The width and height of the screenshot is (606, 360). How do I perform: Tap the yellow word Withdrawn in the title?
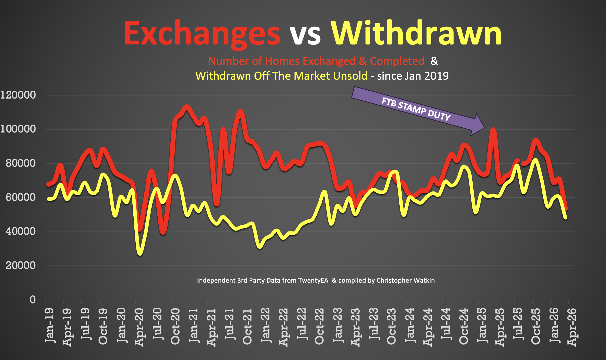[416, 33]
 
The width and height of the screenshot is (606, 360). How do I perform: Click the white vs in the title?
[305, 36]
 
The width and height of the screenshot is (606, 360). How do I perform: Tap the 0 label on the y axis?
[32, 300]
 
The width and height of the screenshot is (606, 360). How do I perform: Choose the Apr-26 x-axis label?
[572, 327]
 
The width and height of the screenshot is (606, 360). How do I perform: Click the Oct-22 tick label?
[319, 327]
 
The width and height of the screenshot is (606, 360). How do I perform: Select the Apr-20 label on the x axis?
[139, 327]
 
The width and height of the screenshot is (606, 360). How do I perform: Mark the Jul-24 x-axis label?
[446, 324]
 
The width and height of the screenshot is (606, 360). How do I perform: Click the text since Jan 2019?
[413, 76]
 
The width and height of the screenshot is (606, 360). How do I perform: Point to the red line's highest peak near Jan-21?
[187, 107]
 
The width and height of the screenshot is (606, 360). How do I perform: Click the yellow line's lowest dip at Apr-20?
[140, 254]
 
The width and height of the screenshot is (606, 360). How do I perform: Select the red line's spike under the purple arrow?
[493, 130]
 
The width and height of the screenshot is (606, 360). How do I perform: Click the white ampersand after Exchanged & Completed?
[434, 61]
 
